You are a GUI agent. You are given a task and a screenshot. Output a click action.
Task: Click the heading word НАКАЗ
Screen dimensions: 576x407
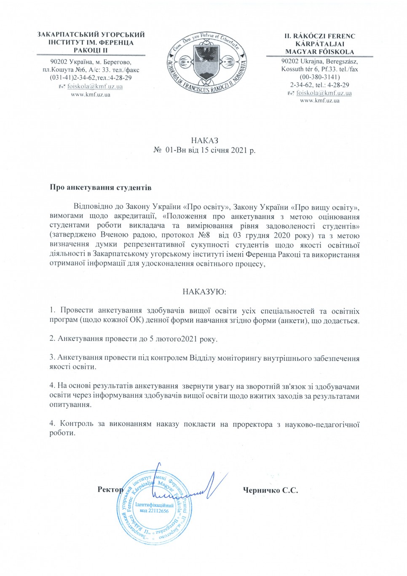coord(204,140)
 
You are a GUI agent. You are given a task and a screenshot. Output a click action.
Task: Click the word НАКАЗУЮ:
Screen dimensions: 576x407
coord(204,292)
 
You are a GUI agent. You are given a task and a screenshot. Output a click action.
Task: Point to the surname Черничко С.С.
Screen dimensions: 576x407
coord(270,490)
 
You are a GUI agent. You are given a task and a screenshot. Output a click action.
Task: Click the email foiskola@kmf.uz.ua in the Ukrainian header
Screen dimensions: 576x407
coord(95,86)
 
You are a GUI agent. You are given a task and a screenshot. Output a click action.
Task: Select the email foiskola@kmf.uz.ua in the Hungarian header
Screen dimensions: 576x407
coord(324,93)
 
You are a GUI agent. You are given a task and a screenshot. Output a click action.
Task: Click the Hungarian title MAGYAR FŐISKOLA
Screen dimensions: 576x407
coord(319,52)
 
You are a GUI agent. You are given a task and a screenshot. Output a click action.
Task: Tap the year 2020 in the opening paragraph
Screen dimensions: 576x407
coord(282,235)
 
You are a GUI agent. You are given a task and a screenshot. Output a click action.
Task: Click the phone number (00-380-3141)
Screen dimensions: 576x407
coord(319,77)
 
